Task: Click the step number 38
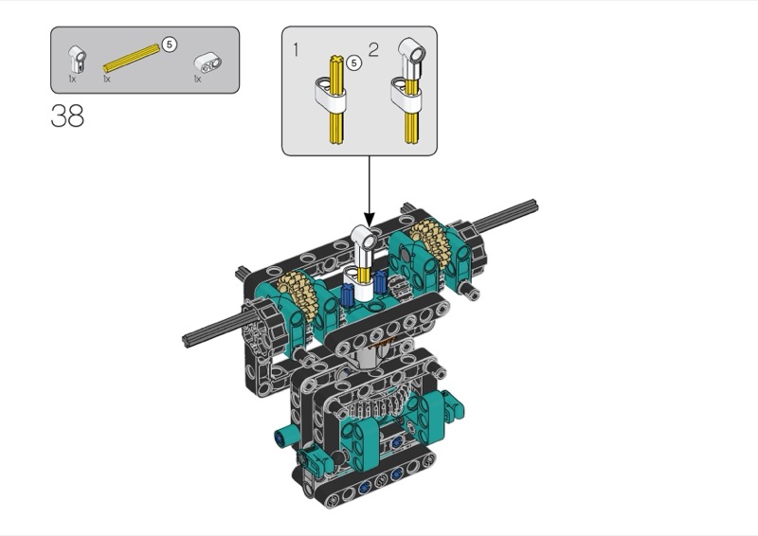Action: (67, 116)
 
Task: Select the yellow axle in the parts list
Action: (132, 59)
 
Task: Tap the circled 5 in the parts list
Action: (169, 45)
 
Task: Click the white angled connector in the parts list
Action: (78, 60)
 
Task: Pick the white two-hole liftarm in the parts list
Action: (208, 63)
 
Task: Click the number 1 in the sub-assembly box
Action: (297, 50)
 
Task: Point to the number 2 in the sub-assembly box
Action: (373, 50)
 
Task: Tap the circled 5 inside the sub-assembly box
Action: (354, 63)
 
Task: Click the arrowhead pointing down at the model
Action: (370, 220)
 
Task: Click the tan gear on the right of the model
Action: (430, 243)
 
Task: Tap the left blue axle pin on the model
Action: (347, 295)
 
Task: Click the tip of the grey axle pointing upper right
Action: (535, 205)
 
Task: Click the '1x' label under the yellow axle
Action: (107, 79)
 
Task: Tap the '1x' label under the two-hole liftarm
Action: (197, 79)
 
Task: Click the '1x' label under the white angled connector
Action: (72, 79)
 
